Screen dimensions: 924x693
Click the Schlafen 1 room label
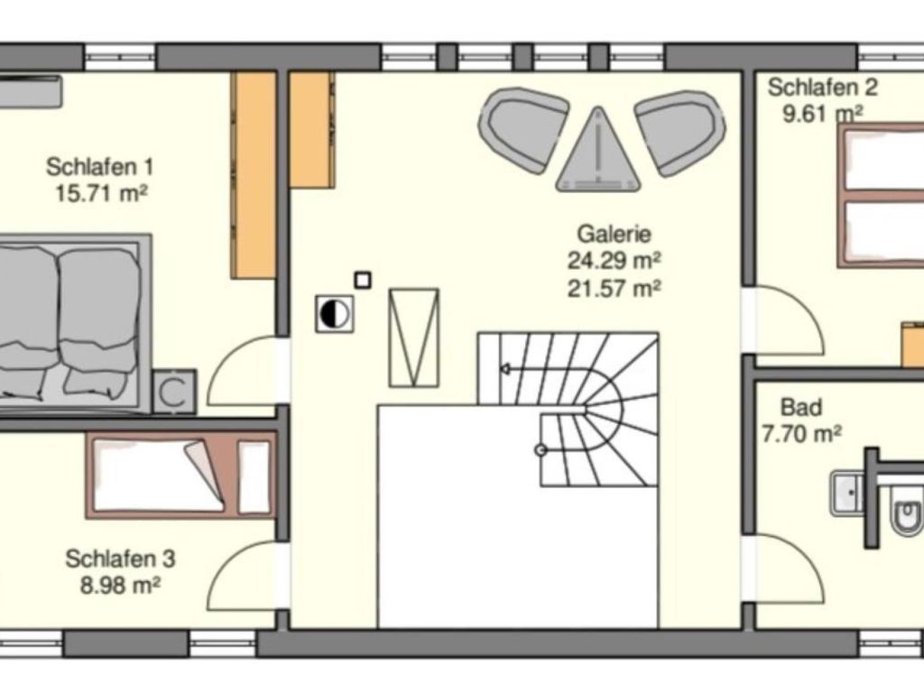99,167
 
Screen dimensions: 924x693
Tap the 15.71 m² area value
101,193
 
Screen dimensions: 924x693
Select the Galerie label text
614,234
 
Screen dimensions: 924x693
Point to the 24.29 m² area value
614,260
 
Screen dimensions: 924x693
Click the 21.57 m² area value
614,288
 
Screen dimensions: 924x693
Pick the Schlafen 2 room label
823,88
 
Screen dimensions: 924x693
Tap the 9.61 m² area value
823,113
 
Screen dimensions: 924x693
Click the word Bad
801,407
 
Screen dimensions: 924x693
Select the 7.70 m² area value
801,434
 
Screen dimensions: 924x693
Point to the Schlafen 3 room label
120,559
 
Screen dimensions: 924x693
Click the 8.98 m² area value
120,586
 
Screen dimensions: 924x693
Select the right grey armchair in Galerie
679,132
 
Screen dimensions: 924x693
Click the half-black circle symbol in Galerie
335,313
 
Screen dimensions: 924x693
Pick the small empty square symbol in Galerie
363,281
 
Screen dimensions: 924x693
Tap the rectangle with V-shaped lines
414,337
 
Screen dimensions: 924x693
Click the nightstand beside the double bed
174,392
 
